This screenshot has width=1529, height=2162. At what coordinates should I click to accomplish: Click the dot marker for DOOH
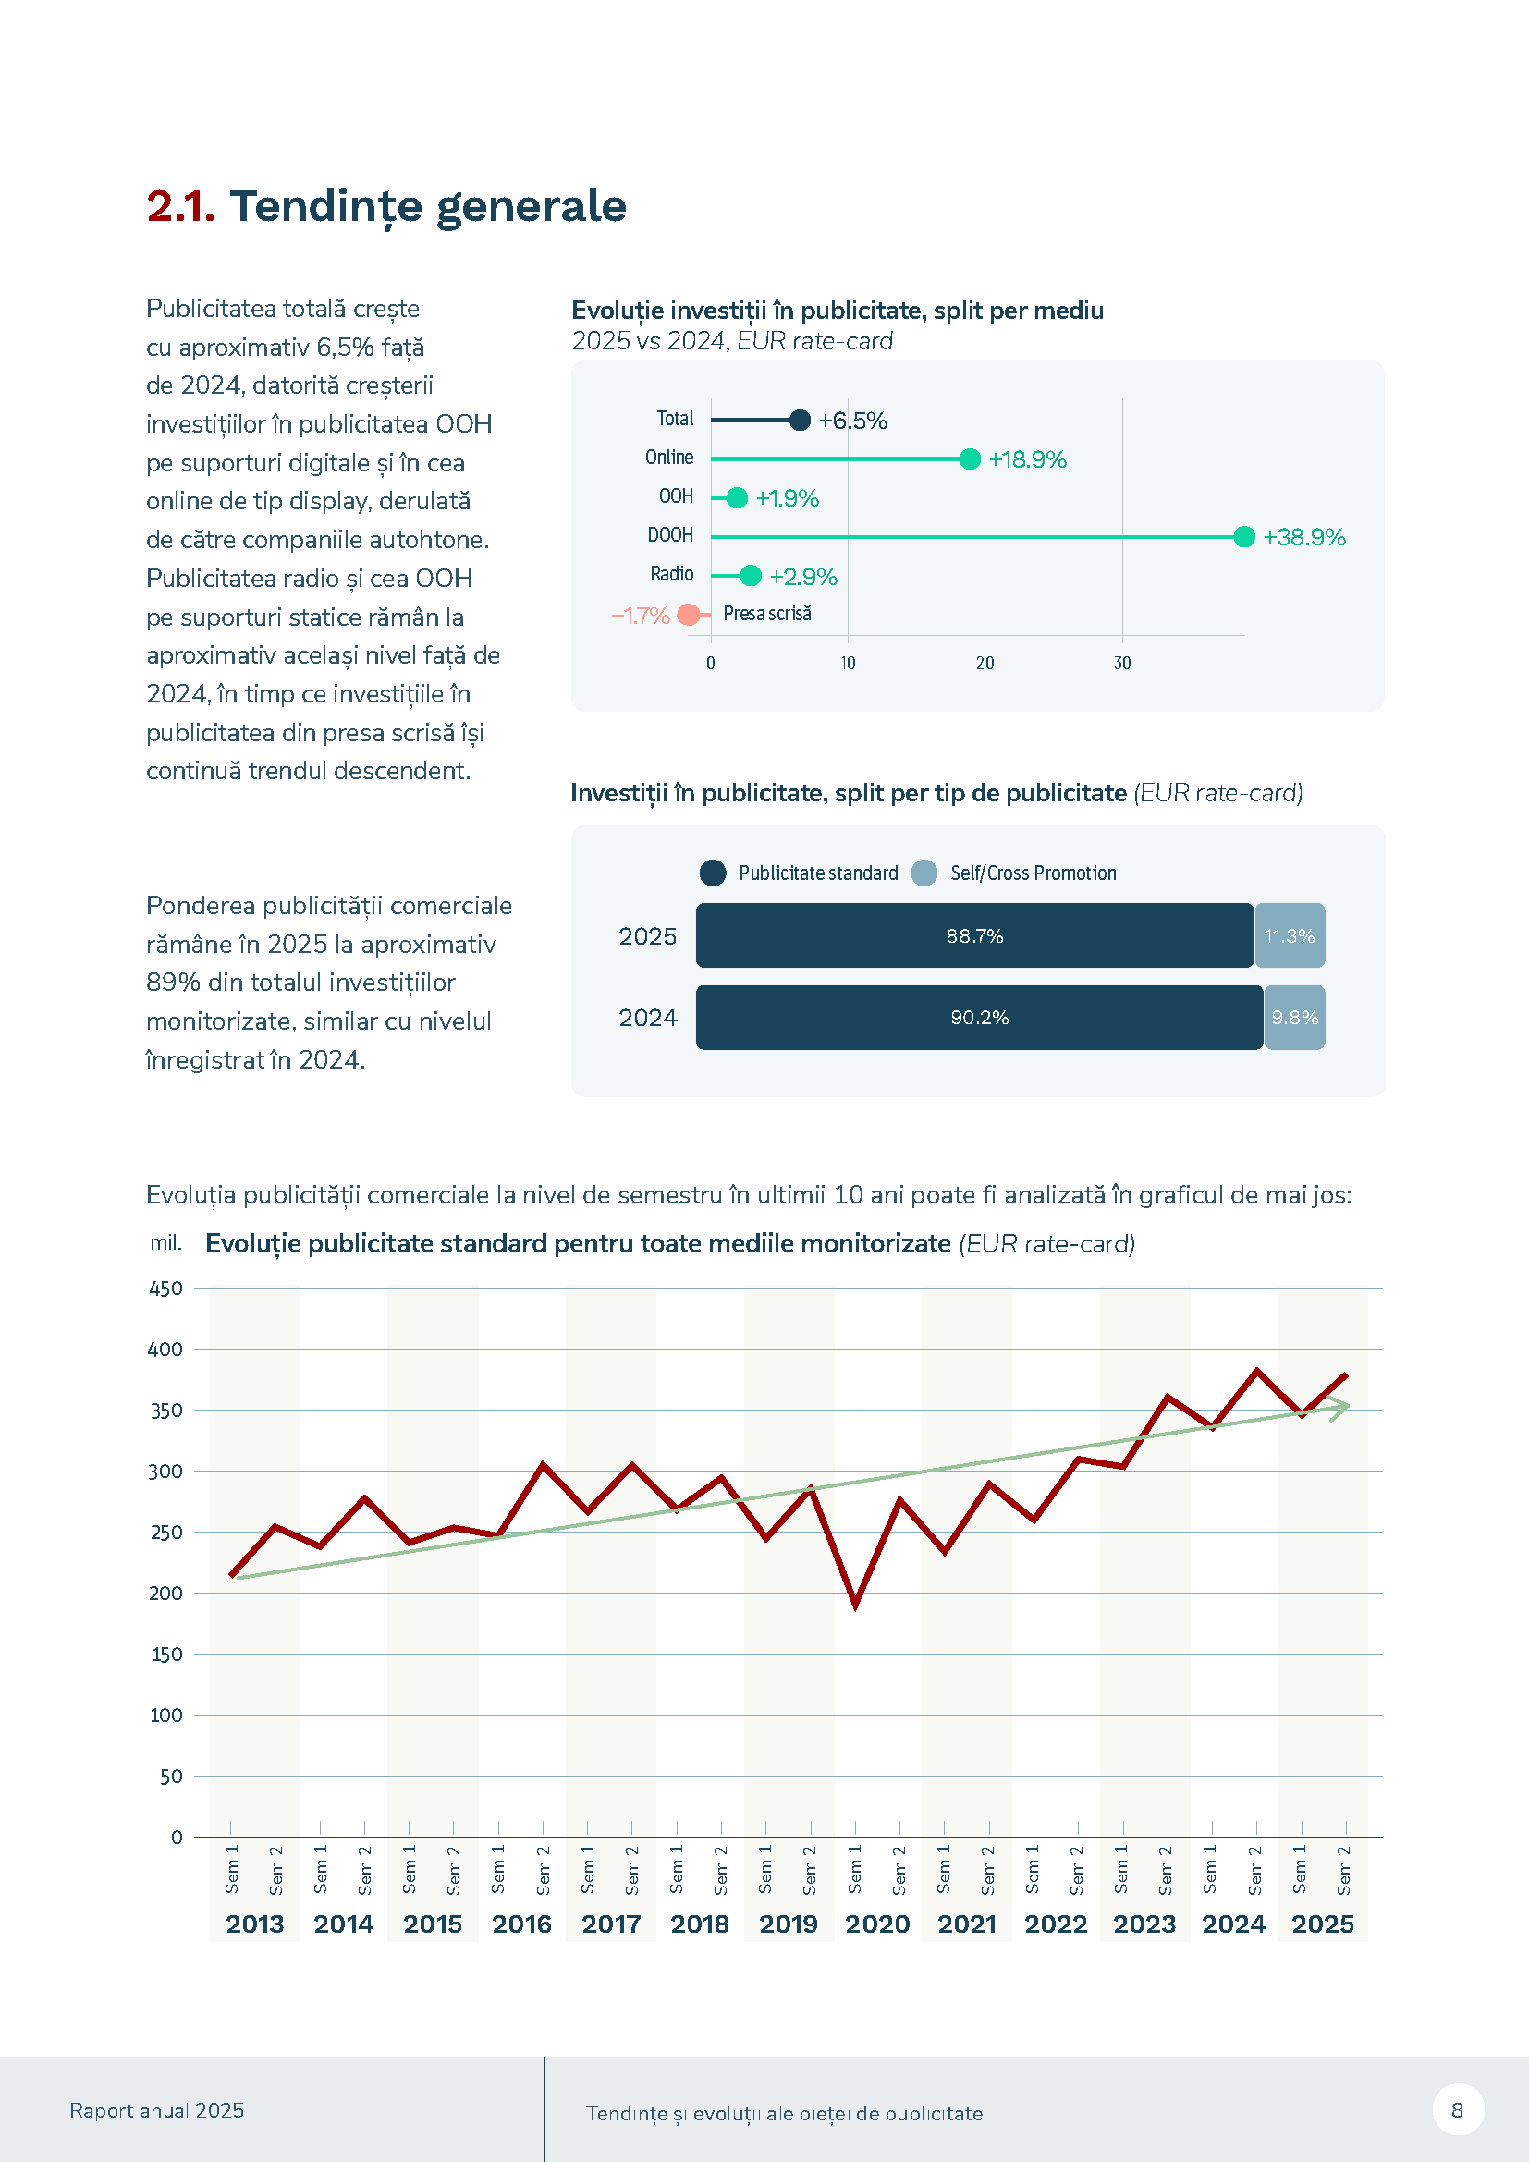point(1243,537)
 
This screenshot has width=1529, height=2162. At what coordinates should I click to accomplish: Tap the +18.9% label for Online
point(1027,459)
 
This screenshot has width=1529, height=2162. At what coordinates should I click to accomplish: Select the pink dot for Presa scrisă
point(690,615)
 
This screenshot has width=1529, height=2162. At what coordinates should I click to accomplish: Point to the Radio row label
point(671,574)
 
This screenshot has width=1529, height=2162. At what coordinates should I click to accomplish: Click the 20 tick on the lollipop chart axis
point(985,663)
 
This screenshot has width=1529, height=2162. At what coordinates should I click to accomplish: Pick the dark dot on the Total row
point(800,420)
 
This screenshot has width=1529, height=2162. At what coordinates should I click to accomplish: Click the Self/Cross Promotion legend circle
point(924,873)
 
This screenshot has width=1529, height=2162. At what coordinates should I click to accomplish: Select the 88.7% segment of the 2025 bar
point(974,936)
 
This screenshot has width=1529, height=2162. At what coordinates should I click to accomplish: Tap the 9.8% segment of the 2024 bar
point(1294,1018)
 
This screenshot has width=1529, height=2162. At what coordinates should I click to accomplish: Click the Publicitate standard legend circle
point(713,873)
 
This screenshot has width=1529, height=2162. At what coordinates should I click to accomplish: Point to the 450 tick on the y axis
point(166,1289)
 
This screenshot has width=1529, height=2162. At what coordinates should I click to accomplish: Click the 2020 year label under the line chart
point(877,1924)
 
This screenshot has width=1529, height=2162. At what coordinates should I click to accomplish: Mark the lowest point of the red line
point(855,1605)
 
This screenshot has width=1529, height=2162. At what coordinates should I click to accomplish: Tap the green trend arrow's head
point(1342,1407)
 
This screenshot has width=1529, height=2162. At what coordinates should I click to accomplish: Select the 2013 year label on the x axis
point(254,1924)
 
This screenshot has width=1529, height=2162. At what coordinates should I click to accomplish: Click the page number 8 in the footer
point(1458,2110)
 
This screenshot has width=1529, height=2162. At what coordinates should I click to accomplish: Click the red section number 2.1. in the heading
point(181,206)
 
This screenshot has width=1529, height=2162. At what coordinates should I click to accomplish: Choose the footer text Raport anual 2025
point(156,2110)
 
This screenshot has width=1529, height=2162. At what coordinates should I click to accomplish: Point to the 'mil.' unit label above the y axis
point(165,1243)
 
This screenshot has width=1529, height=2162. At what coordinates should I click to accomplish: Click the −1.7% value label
point(641,616)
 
